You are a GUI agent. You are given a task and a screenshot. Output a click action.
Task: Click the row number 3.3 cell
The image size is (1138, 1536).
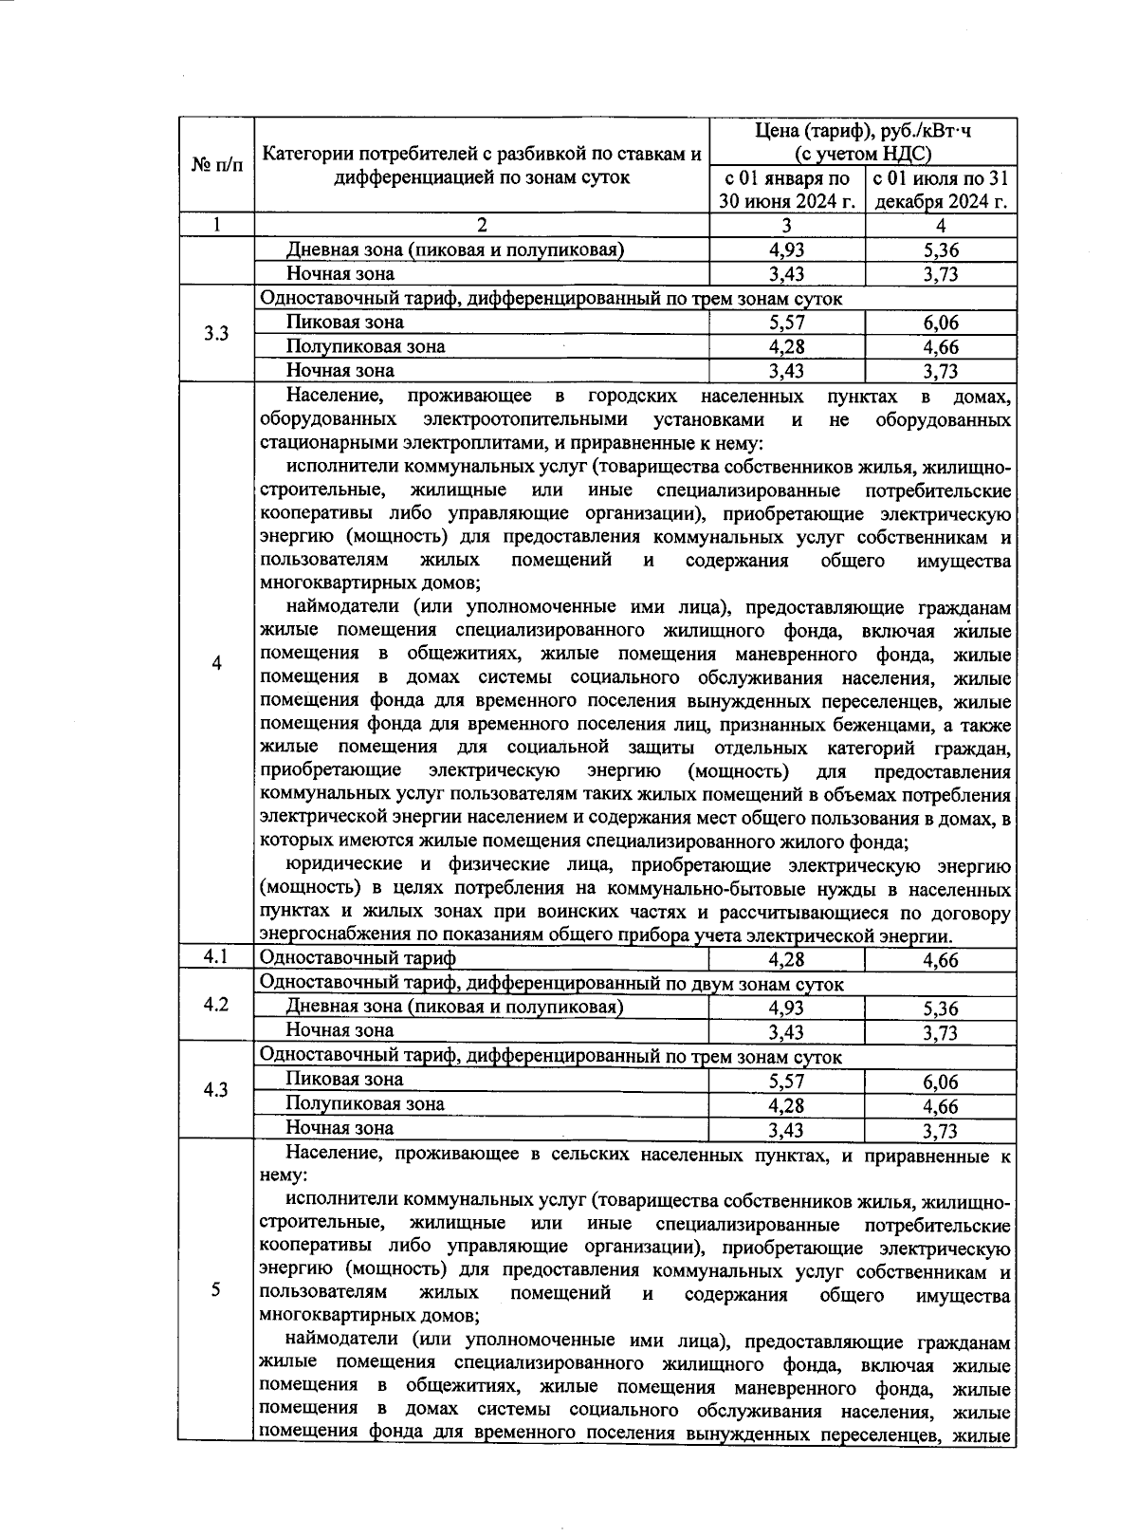[216, 334]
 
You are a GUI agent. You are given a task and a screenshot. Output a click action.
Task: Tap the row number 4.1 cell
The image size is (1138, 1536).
[216, 957]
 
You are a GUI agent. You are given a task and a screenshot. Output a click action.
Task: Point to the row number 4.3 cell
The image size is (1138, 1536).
[216, 1090]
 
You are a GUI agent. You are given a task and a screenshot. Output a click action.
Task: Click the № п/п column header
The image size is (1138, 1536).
[216, 165]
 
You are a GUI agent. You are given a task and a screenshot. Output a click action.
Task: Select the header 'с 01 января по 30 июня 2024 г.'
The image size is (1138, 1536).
[787, 190]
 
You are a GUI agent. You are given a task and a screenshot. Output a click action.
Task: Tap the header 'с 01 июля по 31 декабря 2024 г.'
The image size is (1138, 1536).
[941, 190]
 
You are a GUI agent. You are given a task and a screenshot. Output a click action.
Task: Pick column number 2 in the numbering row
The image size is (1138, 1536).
[482, 226]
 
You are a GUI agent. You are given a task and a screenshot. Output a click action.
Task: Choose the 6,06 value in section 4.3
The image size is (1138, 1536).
[941, 1082]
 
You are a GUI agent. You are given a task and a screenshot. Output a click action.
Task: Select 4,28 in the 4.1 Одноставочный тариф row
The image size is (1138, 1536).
[787, 959]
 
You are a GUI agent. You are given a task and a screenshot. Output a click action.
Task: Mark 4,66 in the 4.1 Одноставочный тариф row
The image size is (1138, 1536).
[941, 959]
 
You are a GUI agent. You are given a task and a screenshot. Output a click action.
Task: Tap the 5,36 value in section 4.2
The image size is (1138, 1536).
[941, 1009]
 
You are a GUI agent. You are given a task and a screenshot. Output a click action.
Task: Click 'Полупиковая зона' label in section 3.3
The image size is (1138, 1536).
[365, 346]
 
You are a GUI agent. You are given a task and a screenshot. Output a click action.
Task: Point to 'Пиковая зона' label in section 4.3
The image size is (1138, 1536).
[344, 1080]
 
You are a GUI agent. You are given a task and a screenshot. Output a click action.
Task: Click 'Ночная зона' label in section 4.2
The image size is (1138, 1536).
[340, 1030]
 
